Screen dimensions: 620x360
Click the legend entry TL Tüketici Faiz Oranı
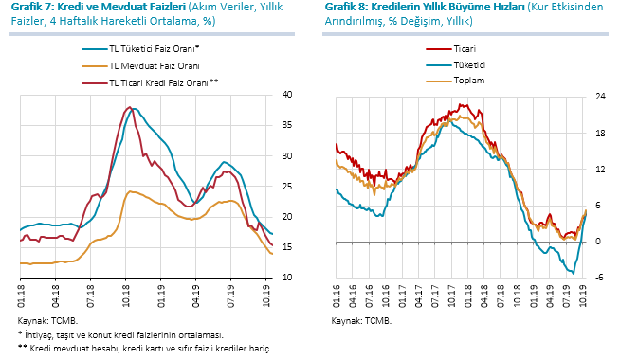140,49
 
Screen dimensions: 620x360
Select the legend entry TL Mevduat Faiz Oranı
140,66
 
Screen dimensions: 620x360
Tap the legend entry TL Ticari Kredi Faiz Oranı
150,83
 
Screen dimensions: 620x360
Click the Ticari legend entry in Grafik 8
450,49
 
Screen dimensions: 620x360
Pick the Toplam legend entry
455,81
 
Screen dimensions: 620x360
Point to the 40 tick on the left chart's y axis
287,95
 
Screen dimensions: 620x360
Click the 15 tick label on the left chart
287,247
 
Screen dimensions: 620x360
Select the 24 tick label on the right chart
600,97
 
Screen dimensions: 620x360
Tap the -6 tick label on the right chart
599,278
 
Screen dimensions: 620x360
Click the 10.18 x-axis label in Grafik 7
126,296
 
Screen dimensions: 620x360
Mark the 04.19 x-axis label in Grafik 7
195,296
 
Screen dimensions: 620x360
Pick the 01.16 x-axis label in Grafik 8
337,296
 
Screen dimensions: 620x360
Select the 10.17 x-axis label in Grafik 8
451,296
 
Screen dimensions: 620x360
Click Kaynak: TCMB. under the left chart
47,320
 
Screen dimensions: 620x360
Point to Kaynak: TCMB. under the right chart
361,320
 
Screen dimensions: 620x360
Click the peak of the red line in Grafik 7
130,107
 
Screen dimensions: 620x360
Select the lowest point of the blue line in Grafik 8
573,273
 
